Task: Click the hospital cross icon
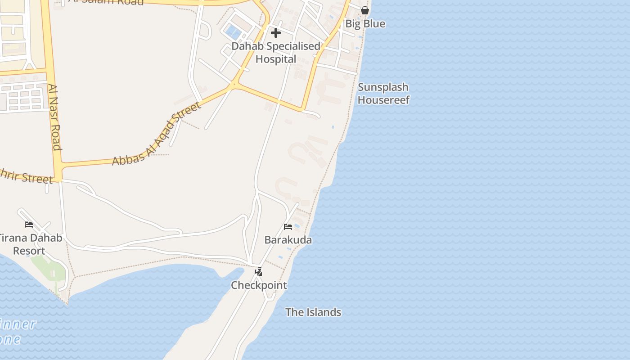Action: tap(276, 33)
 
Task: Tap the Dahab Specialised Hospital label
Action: tap(276, 53)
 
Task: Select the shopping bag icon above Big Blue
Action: tap(365, 10)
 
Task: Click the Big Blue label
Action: tap(365, 24)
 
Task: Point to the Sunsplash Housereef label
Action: tap(383, 94)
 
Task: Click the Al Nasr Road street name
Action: tap(54, 117)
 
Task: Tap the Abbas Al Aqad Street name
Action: tap(156, 134)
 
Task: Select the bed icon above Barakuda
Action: tap(288, 226)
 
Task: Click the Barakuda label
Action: tap(288, 240)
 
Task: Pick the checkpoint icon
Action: tap(258, 272)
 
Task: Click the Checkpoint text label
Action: tap(259, 285)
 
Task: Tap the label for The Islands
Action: tap(313, 312)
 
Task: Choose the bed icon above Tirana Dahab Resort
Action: tap(29, 224)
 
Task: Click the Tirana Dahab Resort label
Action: tap(30, 244)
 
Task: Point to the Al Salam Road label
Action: tap(106, 2)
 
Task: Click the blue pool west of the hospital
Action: tap(233, 31)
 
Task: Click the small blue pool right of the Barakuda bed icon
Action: tap(297, 226)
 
